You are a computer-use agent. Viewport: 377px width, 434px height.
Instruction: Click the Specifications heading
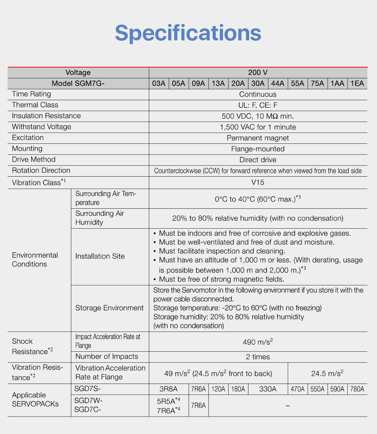point(188,33)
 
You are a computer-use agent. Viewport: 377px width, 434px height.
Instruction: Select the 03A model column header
point(159,83)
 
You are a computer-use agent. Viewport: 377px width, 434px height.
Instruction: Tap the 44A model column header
point(277,83)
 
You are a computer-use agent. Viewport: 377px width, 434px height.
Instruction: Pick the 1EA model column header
point(357,83)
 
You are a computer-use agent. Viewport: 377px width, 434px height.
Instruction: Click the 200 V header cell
point(258,72)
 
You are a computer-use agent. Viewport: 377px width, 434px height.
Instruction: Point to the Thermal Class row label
point(35,105)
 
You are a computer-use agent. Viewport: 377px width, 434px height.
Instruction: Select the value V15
point(258,182)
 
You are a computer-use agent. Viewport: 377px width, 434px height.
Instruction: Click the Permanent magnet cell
point(258,138)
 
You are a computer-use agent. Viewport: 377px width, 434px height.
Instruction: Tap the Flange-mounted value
point(258,149)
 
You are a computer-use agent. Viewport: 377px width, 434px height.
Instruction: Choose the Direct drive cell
point(258,160)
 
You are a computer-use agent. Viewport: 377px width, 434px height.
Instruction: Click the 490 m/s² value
point(258,342)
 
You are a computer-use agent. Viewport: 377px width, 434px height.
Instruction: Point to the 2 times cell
point(258,357)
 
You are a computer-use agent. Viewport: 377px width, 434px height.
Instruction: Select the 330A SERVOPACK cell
point(268,389)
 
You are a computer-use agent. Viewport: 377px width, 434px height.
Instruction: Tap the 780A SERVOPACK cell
point(357,389)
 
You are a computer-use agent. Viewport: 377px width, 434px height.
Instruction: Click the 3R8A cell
point(169,389)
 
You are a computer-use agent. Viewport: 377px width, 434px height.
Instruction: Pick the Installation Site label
point(100,256)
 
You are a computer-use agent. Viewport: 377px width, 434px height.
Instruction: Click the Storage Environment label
point(109,308)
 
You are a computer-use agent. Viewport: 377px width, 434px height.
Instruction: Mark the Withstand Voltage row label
point(41,127)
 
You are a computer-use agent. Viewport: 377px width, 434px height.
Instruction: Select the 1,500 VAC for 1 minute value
point(258,127)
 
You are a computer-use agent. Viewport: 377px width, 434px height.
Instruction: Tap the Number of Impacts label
point(107,357)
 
